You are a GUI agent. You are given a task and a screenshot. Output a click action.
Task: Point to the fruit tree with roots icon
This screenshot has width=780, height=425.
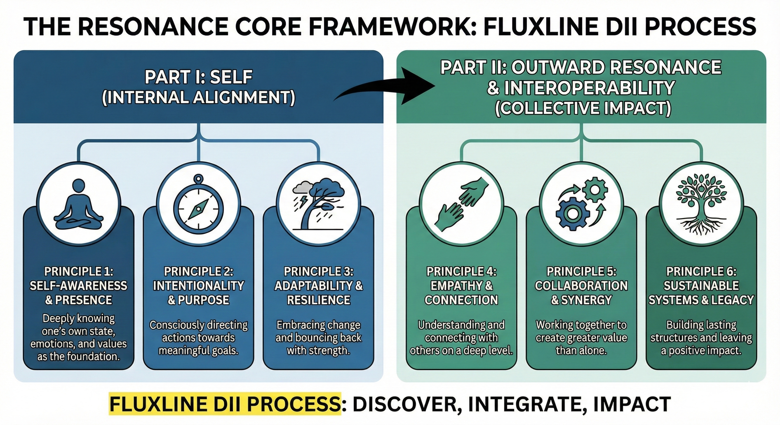[701, 206]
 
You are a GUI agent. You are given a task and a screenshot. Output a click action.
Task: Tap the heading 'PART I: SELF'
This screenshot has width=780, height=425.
[198, 77]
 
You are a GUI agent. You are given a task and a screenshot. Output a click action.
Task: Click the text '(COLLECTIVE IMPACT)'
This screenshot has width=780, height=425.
[583, 108]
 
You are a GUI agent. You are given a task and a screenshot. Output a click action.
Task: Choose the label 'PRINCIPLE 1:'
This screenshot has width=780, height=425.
[78, 271]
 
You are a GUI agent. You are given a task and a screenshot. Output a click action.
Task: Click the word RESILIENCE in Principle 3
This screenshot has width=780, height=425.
[319, 300]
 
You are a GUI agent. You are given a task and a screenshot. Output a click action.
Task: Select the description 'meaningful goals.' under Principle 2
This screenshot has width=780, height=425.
[198, 351]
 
